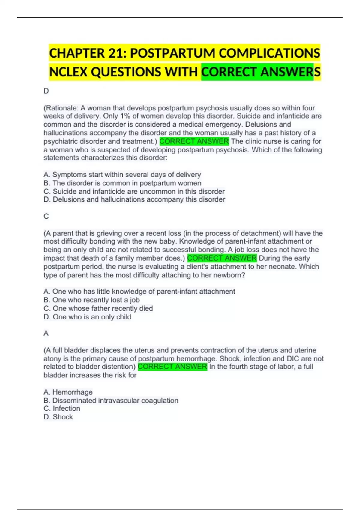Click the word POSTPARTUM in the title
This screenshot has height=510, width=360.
tap(172, 53)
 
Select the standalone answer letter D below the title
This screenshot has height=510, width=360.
tap(46, 91)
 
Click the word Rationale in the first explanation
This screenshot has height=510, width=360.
tap(61, 108)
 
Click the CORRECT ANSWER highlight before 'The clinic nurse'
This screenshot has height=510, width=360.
tap(194, 141)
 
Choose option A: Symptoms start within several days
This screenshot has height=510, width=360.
tap(122, 175)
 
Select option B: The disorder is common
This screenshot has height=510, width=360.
tap(122, 183)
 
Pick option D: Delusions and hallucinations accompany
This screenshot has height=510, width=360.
tap(134, 199)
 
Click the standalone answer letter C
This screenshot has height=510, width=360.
tap(46, 216)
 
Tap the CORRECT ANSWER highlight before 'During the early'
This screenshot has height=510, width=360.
tap(222, 258)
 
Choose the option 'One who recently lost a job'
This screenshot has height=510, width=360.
tap(91, 300)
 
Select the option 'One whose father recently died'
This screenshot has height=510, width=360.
tap(98, 308)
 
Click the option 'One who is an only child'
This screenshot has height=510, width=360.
tap(87, 317)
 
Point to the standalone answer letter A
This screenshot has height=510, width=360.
tap(46, 333)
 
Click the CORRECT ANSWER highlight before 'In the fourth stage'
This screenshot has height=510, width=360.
tap(172, 367)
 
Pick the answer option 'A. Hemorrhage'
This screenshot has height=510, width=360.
tap(68, 392)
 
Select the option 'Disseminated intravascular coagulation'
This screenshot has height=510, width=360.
tap(111, 400)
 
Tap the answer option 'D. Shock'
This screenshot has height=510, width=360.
tap(58, 417)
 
